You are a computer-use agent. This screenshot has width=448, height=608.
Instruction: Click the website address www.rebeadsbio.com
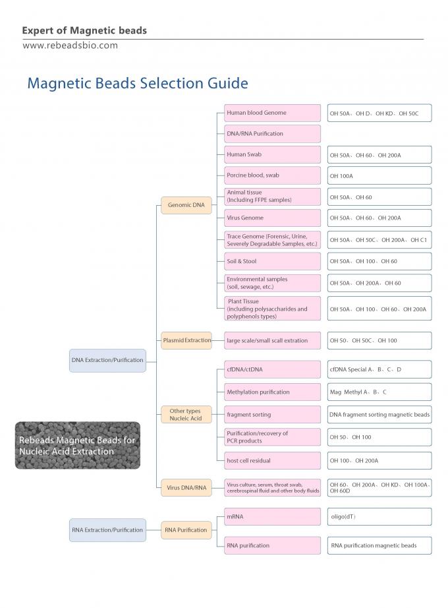pyautogui.click(x=70, y=46)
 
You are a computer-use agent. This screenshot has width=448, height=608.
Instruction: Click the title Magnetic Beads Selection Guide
pyautogui.click(x=137, y=84)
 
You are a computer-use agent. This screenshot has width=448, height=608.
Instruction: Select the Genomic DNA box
pyautogui.click(x=186, y=205)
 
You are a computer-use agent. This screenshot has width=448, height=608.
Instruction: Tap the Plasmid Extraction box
pyautogui.click(x=187, y=340)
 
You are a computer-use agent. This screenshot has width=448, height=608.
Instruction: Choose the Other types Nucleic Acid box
pyautogui.click(x=186, y=415)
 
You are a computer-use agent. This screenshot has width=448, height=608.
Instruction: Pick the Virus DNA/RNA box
pyautogui.click(x=186, y=488)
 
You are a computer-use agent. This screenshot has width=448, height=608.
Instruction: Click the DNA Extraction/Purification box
pyautogui.click(x=107, y=360)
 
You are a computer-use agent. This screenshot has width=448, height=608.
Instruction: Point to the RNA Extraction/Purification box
pyautogui.click(x=107, y=530)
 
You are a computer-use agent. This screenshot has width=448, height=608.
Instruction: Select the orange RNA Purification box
pyautogui.click(x=186, y=530)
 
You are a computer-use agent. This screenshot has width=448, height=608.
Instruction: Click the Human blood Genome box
pyautogui.click(x=272, y=113)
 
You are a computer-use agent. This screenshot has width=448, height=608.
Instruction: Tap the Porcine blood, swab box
pyautogui.click(x=272, y=175)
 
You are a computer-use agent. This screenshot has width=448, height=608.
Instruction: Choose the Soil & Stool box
pyautogui.click(x=272, y=261)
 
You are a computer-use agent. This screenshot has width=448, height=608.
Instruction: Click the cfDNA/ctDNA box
pyautogui.click(x=272, y=369)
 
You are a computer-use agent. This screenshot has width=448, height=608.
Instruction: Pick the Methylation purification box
pyautogui.click(x=272, y=392)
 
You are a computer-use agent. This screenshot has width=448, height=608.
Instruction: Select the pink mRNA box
pyautogui.click(x=272, y=516)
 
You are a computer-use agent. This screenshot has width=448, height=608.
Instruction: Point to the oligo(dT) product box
pyautogui.click(x=379, y=516)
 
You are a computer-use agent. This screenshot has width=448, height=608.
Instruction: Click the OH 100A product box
pyautogui.click(x=379, y=175)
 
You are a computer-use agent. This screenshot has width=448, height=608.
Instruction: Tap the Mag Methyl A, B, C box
pyautogui.click(x=379, y=392)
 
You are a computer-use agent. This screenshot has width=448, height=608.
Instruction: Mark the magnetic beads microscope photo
pyautogui.click(x=78, y=445)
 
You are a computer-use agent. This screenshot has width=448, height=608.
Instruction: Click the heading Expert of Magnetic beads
pyautogui.click(x=84, y=30)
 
